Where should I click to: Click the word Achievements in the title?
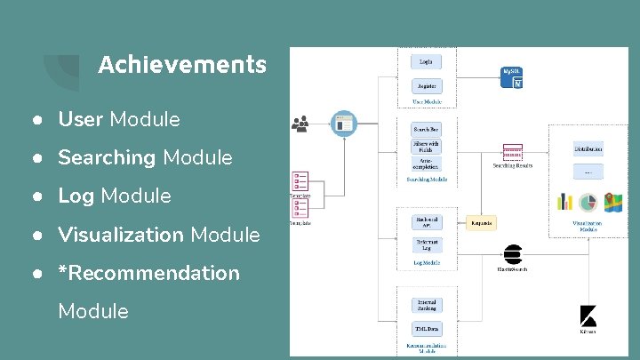click(x=181, y=65)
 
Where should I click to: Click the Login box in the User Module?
click(x=425, y=61)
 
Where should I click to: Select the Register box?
click(x=425, y=86)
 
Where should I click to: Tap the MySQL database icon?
click(x=512, y=77)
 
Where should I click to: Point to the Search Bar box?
click(x=425, y=129)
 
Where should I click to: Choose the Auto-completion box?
click(x=425, y=164)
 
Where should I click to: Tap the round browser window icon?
click(x=342, y=124)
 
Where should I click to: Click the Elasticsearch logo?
click(x=512, y=254)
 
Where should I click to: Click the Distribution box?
click(x=588, y=148)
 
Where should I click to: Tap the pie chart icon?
click(x=588, y=202)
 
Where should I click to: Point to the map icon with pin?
click(x=612, y=202)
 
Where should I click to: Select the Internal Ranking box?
click(x=425, y=306)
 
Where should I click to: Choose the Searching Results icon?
click(x=512, y=152)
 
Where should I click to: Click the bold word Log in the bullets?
click(x=76, y=196)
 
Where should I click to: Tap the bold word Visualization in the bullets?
click(x=121, y=235)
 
